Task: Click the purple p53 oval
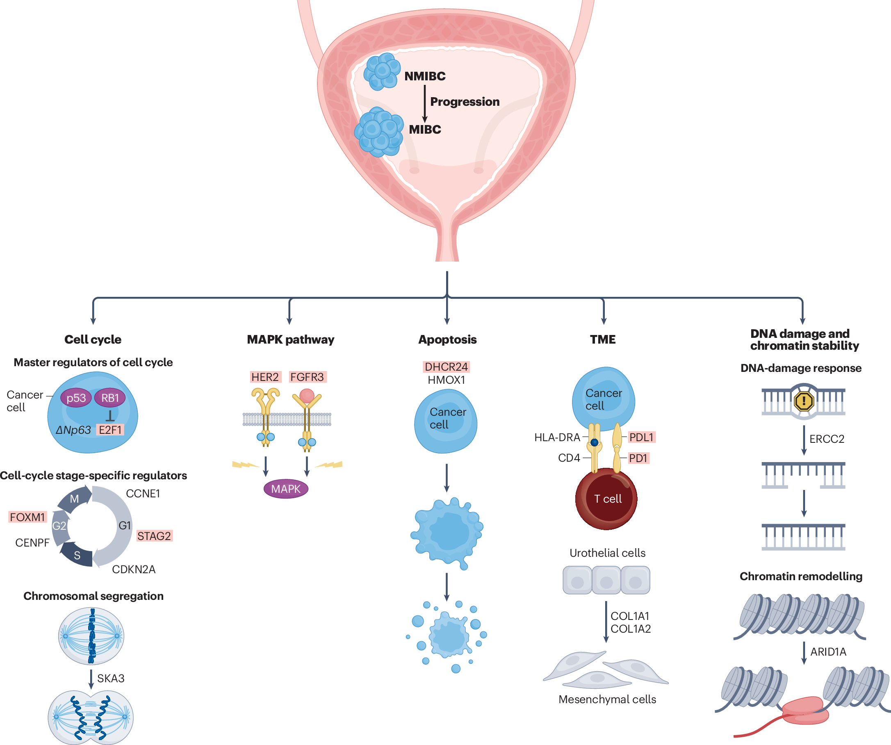coord(76,398)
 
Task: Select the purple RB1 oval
coord(110,398)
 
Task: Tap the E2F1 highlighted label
coord(110,430)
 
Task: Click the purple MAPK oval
coord(286,489)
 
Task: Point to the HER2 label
coord(265,377)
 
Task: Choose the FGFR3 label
coord(307,377)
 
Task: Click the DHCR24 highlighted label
coord(447,367)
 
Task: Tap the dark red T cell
coord(607,499)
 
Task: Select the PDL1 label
coord(641,437)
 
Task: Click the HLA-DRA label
coord(557,437)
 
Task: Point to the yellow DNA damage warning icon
coord(804,401)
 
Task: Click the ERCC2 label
coord(827,439)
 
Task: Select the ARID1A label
coord(828,652)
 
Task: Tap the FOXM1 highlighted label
coord(27,517)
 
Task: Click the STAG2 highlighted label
coord(154,536)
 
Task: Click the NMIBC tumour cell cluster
coord(382,71)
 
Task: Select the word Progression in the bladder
coord(465,102)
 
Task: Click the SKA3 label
coord(111,678)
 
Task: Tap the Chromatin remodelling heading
coord(801,576)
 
